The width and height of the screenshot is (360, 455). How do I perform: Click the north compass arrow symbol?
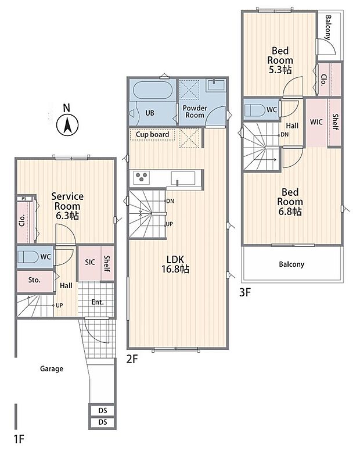click(67, 126)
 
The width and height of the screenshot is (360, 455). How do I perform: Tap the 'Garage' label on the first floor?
click(51, 369)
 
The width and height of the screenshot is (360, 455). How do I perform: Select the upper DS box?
click(103, 411)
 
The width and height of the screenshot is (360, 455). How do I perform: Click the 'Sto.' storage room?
click(35, 281)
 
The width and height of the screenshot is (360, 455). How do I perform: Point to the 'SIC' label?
click(90, 262)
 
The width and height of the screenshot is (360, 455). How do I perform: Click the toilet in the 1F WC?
click(28, 257)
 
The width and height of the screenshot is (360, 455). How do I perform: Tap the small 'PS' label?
click(24, 199)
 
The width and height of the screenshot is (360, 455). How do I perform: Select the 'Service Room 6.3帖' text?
click(67, 206)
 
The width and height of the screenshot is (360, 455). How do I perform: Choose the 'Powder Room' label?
click(195, 112)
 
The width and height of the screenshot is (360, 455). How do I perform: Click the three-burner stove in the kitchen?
click(142, 178)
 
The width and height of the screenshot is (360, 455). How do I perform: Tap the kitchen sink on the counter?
click(183, 178)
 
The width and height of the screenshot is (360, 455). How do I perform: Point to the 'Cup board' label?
click(152, 135)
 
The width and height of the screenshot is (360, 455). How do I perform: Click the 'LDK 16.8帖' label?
click(175, 264)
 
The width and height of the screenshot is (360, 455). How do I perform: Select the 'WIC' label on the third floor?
click(316, 122)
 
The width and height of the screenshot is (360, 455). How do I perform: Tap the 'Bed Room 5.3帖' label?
click(280, 60)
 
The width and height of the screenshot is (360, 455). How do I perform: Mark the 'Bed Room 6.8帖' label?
click(290, 202)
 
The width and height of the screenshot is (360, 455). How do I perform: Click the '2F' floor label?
click(132, 359)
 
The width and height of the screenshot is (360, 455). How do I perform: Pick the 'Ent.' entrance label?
click(98, 302)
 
